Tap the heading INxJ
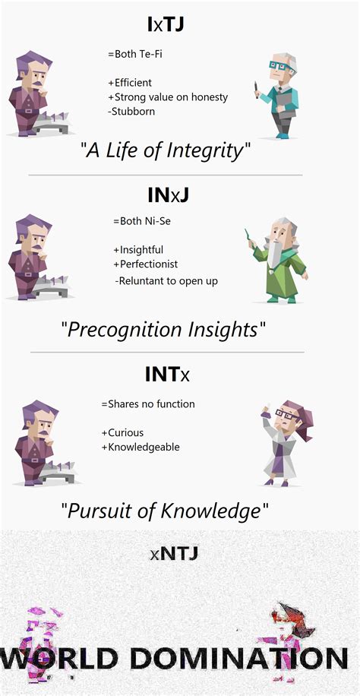[167, 195]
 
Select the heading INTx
[167, 374]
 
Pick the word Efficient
[132, 83]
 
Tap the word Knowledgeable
[144, 447]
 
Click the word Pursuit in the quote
[100, 510]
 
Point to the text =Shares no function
[147, 403]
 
